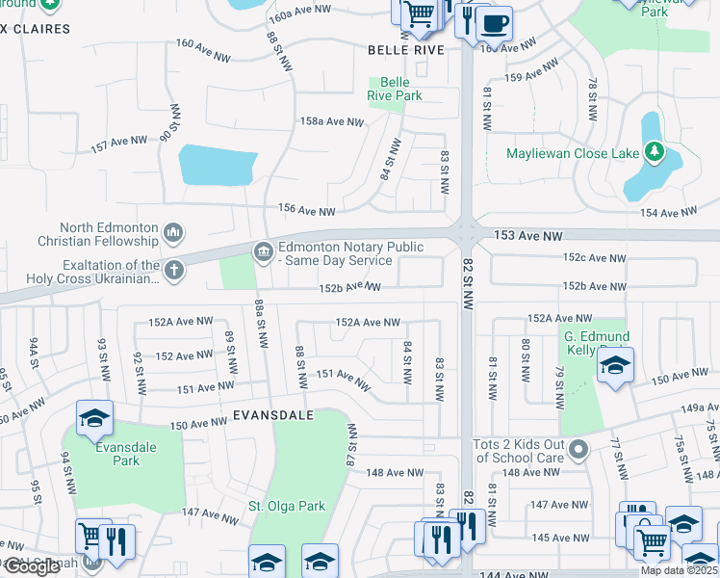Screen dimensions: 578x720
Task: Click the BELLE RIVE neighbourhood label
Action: point(406,49)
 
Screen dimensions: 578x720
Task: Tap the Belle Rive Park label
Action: point(395,90)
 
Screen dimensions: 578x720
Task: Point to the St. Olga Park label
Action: point(287,506)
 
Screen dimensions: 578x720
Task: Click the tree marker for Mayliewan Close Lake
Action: point(654,152)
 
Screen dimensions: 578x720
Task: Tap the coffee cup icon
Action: point(495,22)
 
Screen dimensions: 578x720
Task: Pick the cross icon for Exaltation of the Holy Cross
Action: point(173,272)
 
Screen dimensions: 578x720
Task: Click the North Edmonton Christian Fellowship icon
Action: point(173,232)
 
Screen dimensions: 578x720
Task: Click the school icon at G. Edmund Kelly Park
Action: point(615,365)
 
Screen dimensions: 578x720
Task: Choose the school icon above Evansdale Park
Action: point(95,417)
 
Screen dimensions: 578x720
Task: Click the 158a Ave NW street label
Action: point(332,122)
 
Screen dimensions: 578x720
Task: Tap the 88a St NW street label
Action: point(260,322)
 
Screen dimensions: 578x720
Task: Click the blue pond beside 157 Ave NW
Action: point(216,165)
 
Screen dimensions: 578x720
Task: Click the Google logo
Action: point(32,566)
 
